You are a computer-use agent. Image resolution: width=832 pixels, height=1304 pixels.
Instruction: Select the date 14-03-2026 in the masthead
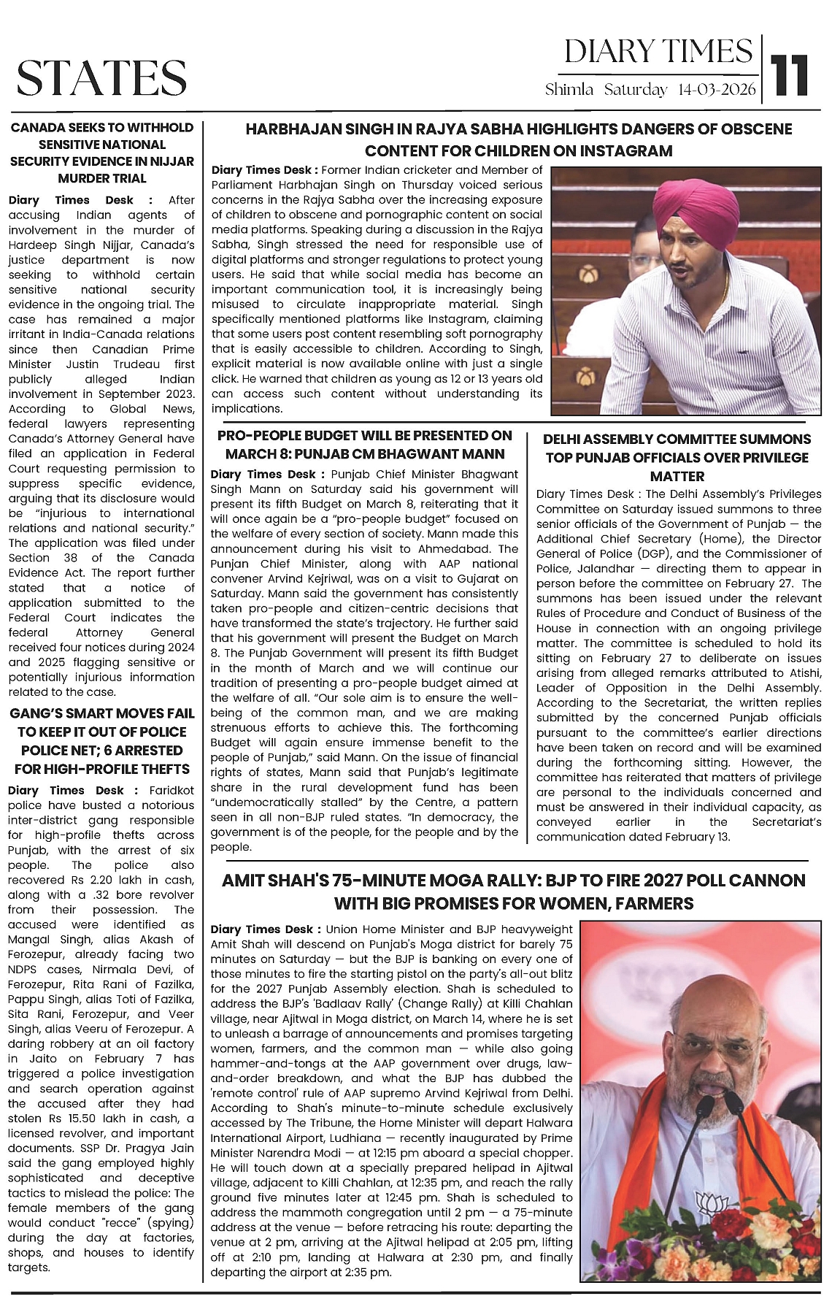[x=717, y=90]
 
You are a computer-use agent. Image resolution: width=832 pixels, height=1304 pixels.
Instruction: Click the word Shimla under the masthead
[x=570, y=90]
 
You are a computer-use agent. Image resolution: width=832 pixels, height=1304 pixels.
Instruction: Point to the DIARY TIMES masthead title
[x=658, y=51]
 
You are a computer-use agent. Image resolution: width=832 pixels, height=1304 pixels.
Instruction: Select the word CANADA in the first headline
[x=36, y=128]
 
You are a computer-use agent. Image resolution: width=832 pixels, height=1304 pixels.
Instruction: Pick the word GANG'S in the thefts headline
[x=36, y=713]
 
